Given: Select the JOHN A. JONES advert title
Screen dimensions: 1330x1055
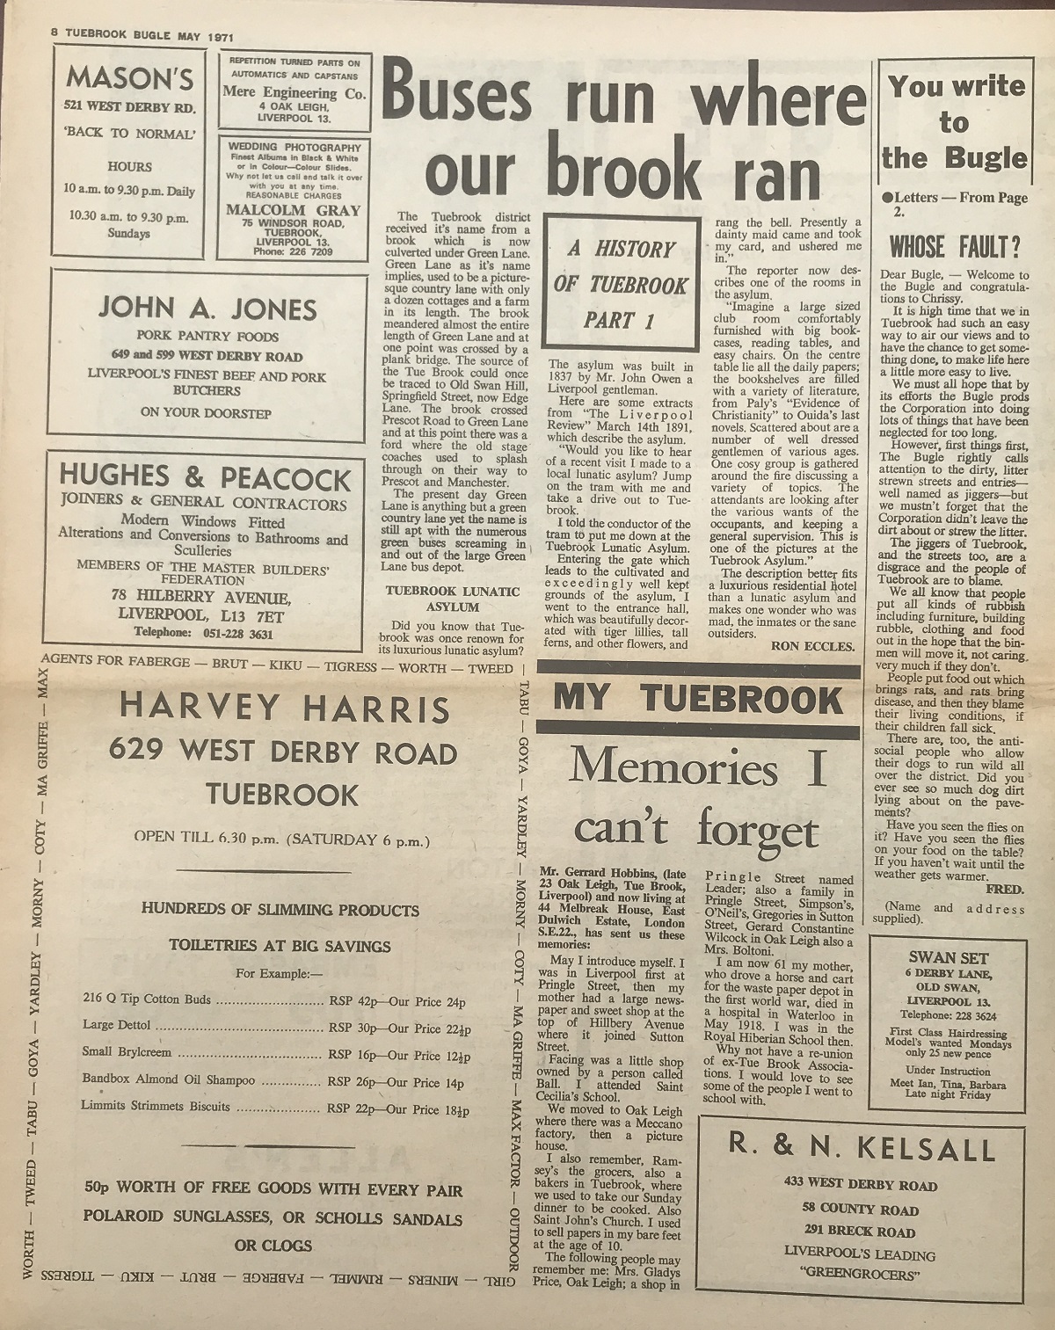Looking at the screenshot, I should click(208, 309).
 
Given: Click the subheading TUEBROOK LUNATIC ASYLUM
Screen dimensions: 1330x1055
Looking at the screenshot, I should click(452, 599).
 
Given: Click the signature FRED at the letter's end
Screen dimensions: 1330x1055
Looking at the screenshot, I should click(1005, 890).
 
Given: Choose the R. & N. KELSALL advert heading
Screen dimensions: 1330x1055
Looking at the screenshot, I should click(862, 1148).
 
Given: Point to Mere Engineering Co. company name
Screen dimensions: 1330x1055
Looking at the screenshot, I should click(295, 93).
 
